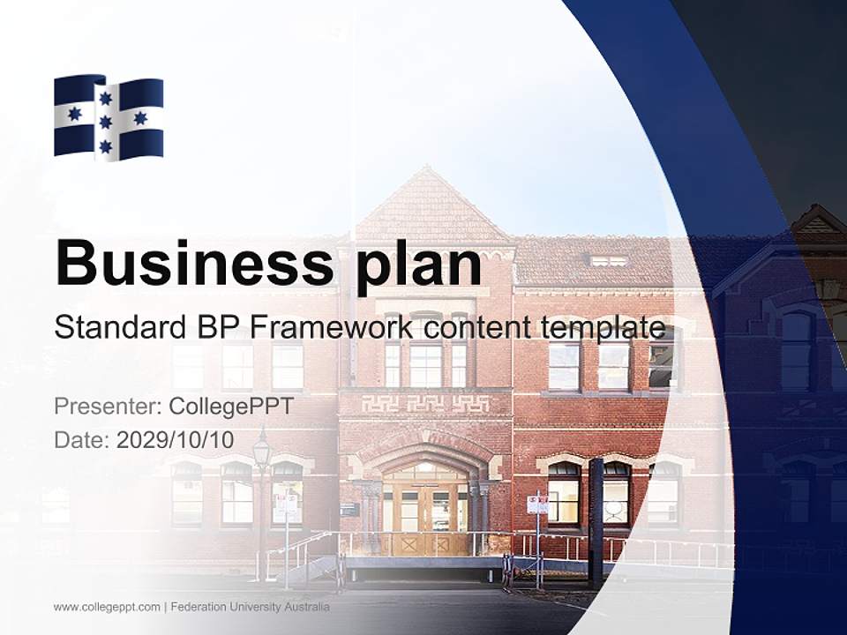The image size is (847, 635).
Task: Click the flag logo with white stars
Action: click(x=109, y=116)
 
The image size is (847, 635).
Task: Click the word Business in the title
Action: click(x=190, y=262)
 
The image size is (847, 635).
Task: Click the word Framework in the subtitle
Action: click(x=333, y=328)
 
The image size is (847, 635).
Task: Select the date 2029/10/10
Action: click(x=176, y=440)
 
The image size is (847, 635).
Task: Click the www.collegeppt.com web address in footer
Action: click(x=107, y=608)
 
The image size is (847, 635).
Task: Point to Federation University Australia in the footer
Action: click(x=251, y=608)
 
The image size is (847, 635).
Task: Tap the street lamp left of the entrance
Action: click(x=262, y=452)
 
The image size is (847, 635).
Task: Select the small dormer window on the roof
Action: click(x=608, y=261)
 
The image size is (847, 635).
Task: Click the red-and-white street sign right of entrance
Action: click(x=536, y=504)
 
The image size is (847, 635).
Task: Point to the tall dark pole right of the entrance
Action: click(x=596, y=520)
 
